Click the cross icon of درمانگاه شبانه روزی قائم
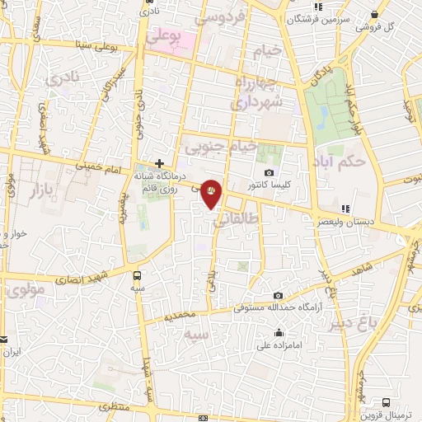[159, 164]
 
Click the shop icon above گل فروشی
[376, 14]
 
